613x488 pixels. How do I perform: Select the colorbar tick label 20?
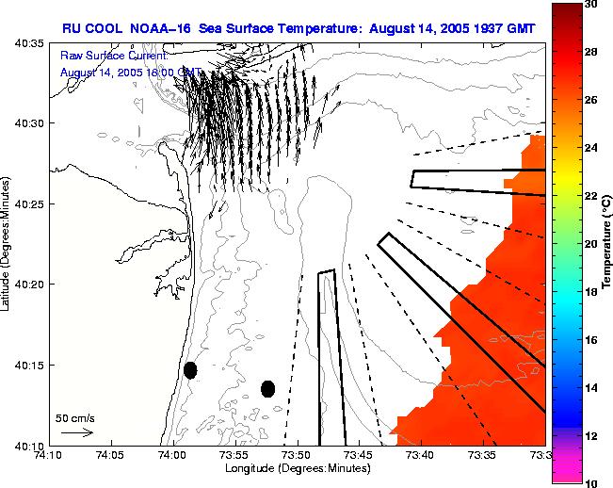click(591, 244)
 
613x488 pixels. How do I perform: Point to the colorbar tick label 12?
click(591, 435)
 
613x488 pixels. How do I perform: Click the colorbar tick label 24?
click(591, 148)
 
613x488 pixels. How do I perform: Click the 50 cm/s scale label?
click(74, 416)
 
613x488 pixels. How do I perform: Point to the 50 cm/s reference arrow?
click(76, 432)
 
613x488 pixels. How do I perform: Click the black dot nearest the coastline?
click(190, 370)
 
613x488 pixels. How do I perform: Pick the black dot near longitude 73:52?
click(267, 388)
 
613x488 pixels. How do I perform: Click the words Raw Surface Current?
click(114, 57)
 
